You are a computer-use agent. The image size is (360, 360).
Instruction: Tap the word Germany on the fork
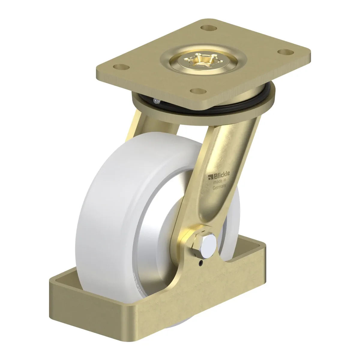click(x=219, y=187)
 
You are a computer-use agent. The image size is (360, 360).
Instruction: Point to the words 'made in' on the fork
click(x=220, y=181)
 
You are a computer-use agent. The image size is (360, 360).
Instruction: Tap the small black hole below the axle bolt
click(x=201, y=263)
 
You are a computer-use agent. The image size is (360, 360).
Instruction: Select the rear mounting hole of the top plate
click(x=209, y=28)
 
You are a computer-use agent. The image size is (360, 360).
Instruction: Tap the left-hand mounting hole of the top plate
click(x=121, y=67)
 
